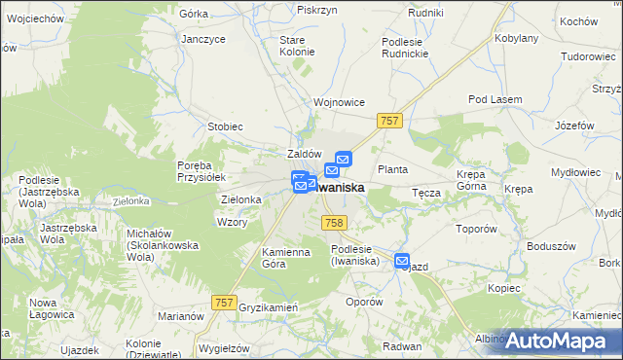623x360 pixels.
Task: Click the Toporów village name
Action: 477,230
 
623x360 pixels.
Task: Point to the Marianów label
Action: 182,316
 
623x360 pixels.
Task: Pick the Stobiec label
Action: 225,126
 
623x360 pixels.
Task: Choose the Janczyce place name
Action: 203,39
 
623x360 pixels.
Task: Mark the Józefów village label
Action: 573,126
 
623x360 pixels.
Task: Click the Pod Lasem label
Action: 495,100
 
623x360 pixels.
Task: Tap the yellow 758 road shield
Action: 333,223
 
